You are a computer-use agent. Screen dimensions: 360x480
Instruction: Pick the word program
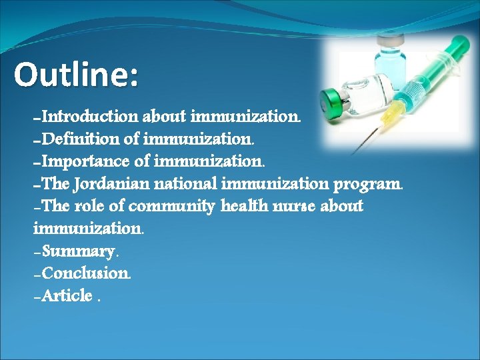coord(369,184)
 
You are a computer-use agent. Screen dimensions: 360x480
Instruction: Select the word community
coord(173,207)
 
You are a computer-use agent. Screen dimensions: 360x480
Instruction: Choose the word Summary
coord(79,252)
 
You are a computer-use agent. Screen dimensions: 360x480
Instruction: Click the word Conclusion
coord(85,273)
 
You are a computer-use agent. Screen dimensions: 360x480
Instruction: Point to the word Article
coord(66,295)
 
